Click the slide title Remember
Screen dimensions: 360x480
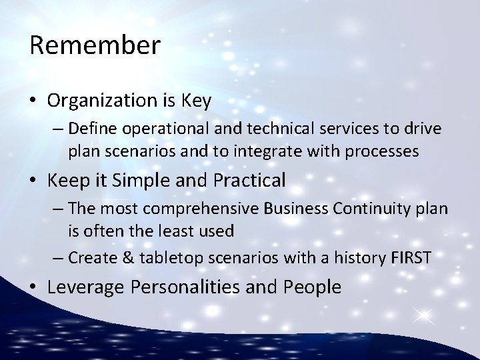[95, 45]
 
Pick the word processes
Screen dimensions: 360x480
[380, 152]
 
